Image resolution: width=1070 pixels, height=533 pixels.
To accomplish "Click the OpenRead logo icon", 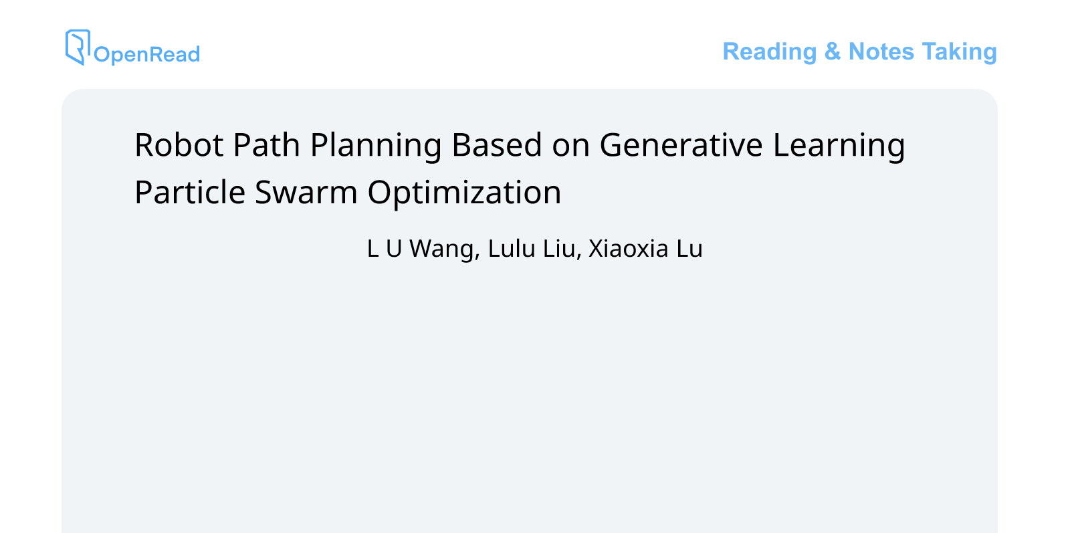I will [78, 47].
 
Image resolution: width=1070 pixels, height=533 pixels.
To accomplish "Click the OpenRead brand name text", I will [146, 54].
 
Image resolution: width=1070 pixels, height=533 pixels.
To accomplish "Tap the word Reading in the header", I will [770, 51].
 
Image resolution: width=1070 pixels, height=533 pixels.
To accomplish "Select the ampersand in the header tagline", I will [832, 51].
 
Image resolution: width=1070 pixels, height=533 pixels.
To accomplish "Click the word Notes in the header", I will [881, 51].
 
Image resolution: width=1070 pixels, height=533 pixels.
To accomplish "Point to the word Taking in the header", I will [959, 51].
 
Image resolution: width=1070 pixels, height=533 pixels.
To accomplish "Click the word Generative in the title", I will [681, 145].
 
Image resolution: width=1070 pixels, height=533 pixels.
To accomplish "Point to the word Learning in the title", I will [839, 146].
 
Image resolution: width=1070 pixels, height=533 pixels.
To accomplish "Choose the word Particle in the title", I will [190, 193].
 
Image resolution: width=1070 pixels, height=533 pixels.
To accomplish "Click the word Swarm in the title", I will [306, 193].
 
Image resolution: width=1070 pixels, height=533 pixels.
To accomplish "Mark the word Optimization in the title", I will [464, 193].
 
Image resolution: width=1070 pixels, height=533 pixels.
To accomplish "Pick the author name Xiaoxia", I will [628, 249].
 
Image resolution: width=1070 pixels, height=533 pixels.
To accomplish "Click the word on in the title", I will [570, 146].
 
